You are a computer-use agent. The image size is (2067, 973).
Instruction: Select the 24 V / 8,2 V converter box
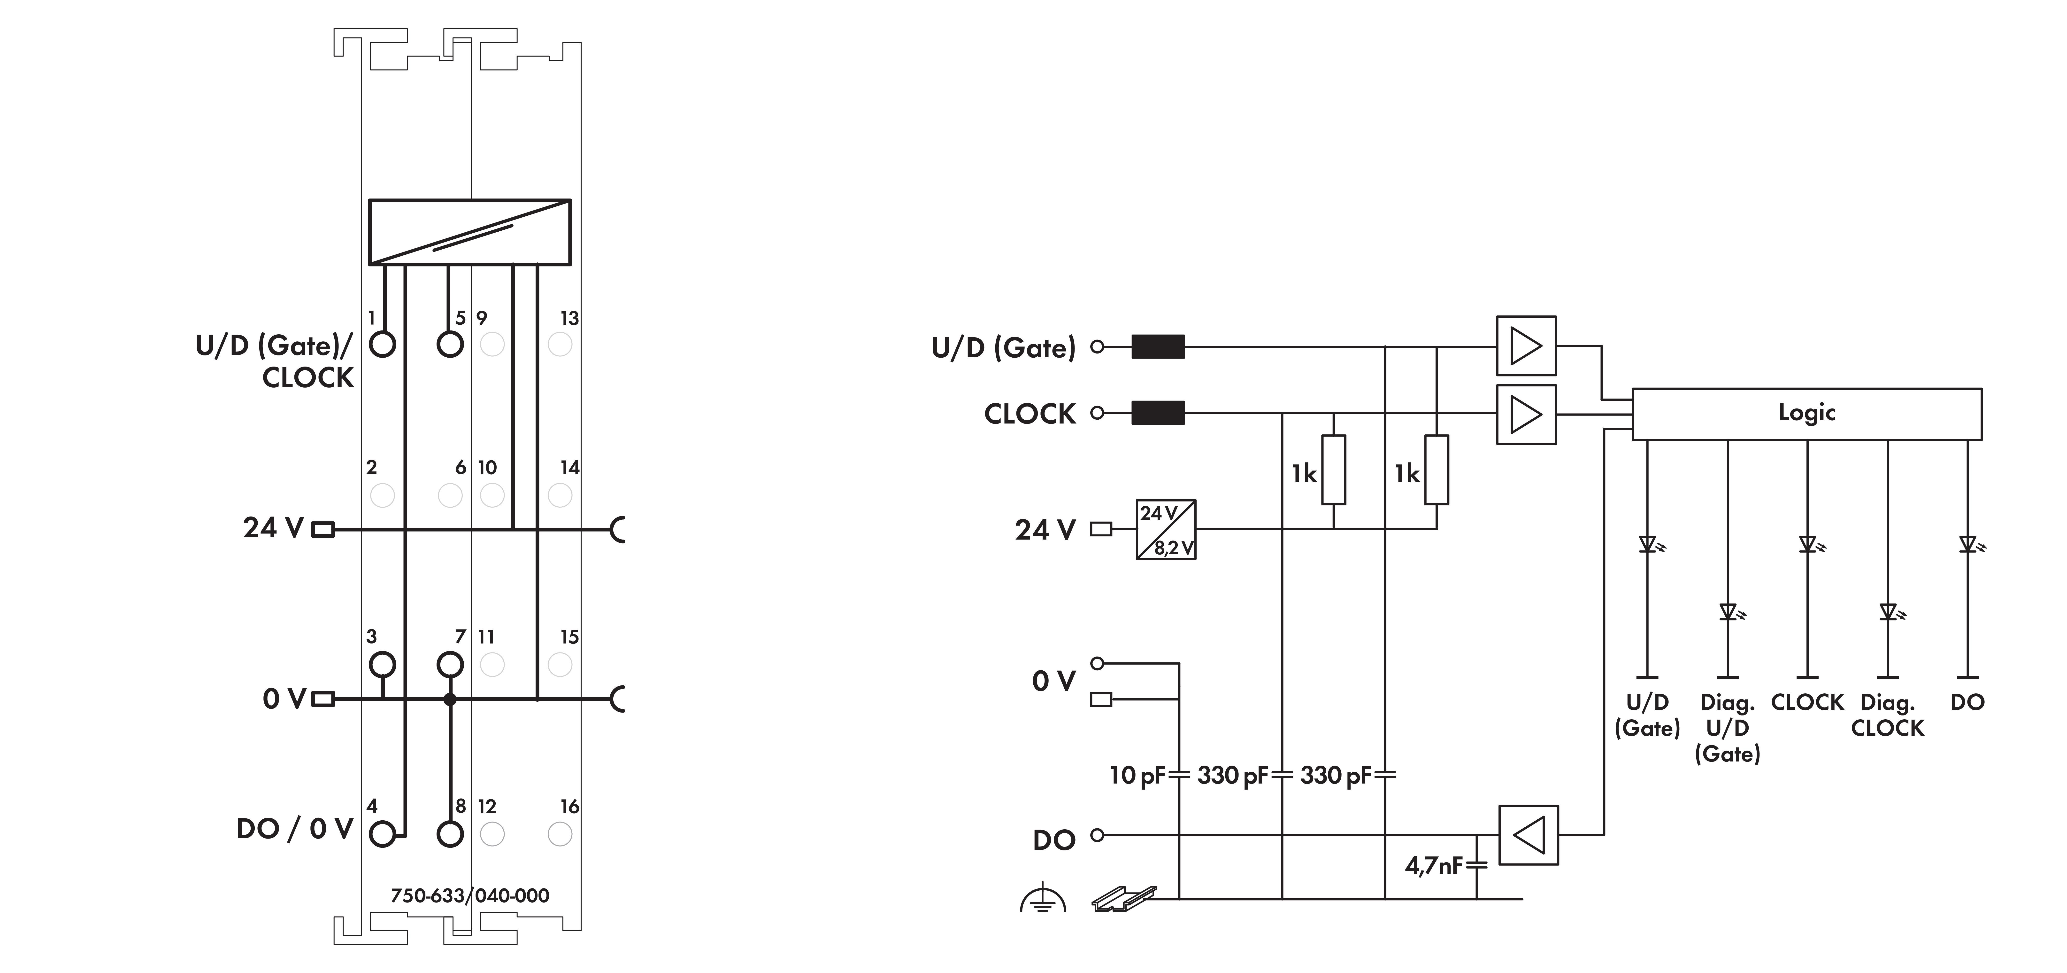(x=1166, y=530)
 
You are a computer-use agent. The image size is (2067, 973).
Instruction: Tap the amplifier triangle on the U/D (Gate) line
(x=1526, y=346)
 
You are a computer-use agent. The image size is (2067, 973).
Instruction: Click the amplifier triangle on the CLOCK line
(x=1526, y=414)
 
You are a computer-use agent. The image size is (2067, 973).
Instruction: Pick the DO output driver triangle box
(x=1529, y=835)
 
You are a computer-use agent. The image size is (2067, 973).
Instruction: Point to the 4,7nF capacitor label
(x=1434, y=865)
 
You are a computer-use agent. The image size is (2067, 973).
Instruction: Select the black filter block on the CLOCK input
(x=1158, y=413)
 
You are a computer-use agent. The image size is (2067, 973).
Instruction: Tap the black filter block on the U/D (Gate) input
(x=1158, y=347)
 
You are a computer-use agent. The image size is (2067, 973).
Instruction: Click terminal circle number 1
(x=383, y=345)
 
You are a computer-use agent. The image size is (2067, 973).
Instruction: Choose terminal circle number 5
(x=450, y=345)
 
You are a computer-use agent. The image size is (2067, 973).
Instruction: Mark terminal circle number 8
(x=450, y=834)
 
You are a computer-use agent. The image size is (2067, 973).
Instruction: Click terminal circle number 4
(x=383, y=834)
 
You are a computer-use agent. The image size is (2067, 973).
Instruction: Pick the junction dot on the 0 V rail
(x=450, y=699)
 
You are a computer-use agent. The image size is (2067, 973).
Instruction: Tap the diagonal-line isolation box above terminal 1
(x=469, y=232)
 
